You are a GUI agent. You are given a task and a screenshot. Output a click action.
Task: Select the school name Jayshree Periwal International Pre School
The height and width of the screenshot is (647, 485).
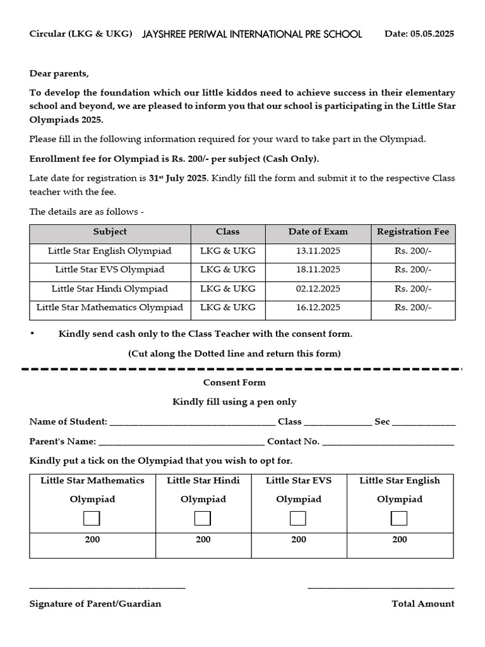[x=253, y=34]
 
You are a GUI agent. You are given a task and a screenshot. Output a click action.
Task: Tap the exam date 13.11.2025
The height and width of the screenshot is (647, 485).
[x=318, y=251]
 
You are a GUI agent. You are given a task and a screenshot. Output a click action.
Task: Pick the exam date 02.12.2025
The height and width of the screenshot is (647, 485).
[x=318, y=289]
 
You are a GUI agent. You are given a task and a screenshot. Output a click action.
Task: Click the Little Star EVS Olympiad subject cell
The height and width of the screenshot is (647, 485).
[x=110, y=270]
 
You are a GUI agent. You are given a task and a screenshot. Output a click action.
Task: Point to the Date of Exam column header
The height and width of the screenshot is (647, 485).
[x=318, y=232]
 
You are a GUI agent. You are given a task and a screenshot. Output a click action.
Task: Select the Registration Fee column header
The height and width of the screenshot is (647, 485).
[x=413, y=232]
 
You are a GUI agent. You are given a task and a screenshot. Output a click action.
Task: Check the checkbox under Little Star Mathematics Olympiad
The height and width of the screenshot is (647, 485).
[x=92, y=519]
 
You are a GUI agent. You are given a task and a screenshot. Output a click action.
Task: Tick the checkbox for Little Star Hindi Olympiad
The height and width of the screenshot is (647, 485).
[x=203, y=519]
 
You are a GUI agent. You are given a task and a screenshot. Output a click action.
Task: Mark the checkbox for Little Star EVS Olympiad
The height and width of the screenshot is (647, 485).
[x=298, y=519]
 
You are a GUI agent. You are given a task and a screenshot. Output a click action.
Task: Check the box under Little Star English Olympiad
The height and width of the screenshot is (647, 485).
[x=399, y=519]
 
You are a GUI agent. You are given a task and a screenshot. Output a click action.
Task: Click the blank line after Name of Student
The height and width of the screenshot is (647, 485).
[x=193, y=423]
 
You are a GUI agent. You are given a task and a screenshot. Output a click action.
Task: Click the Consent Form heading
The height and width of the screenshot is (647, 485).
[x=234, y=382]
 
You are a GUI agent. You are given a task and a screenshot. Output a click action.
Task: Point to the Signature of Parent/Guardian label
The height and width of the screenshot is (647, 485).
[x=95, y=603]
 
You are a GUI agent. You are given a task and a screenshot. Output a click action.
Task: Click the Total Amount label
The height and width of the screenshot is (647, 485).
[x=422, y=603]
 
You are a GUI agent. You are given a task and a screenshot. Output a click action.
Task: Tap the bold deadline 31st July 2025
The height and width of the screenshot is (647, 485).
[x=177, y=178]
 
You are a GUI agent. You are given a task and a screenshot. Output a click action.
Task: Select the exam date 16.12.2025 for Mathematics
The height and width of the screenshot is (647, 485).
[x=318, y=308]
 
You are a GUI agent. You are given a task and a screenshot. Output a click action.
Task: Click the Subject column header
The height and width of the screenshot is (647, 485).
[x=110, y=232]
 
